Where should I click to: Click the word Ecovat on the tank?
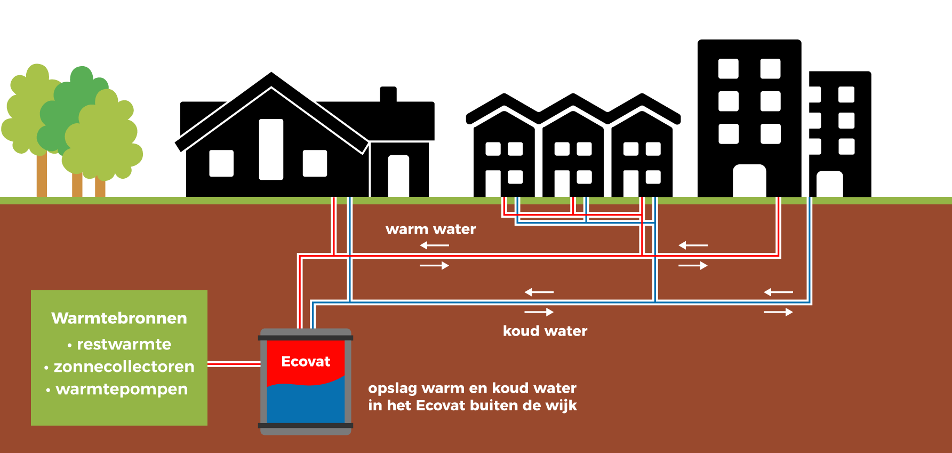point(306,362)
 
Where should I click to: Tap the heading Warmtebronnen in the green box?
point(119,319)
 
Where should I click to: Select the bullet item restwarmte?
point(124,345)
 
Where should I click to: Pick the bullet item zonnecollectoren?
point(124,367)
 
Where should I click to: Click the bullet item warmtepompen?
point(122,390)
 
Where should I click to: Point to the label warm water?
point(430,229)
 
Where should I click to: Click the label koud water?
point(545,331)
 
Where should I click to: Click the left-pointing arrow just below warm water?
point(434,245)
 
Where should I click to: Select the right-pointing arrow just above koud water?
point(539,312)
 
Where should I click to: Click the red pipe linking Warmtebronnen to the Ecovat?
point(233,364)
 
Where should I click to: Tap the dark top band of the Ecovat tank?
point(306,338)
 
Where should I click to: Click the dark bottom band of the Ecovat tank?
point(306,426)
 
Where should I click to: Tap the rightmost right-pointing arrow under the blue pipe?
point(778,312)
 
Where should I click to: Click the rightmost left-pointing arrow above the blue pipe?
point(778,292)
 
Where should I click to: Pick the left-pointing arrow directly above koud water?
point(539,292)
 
